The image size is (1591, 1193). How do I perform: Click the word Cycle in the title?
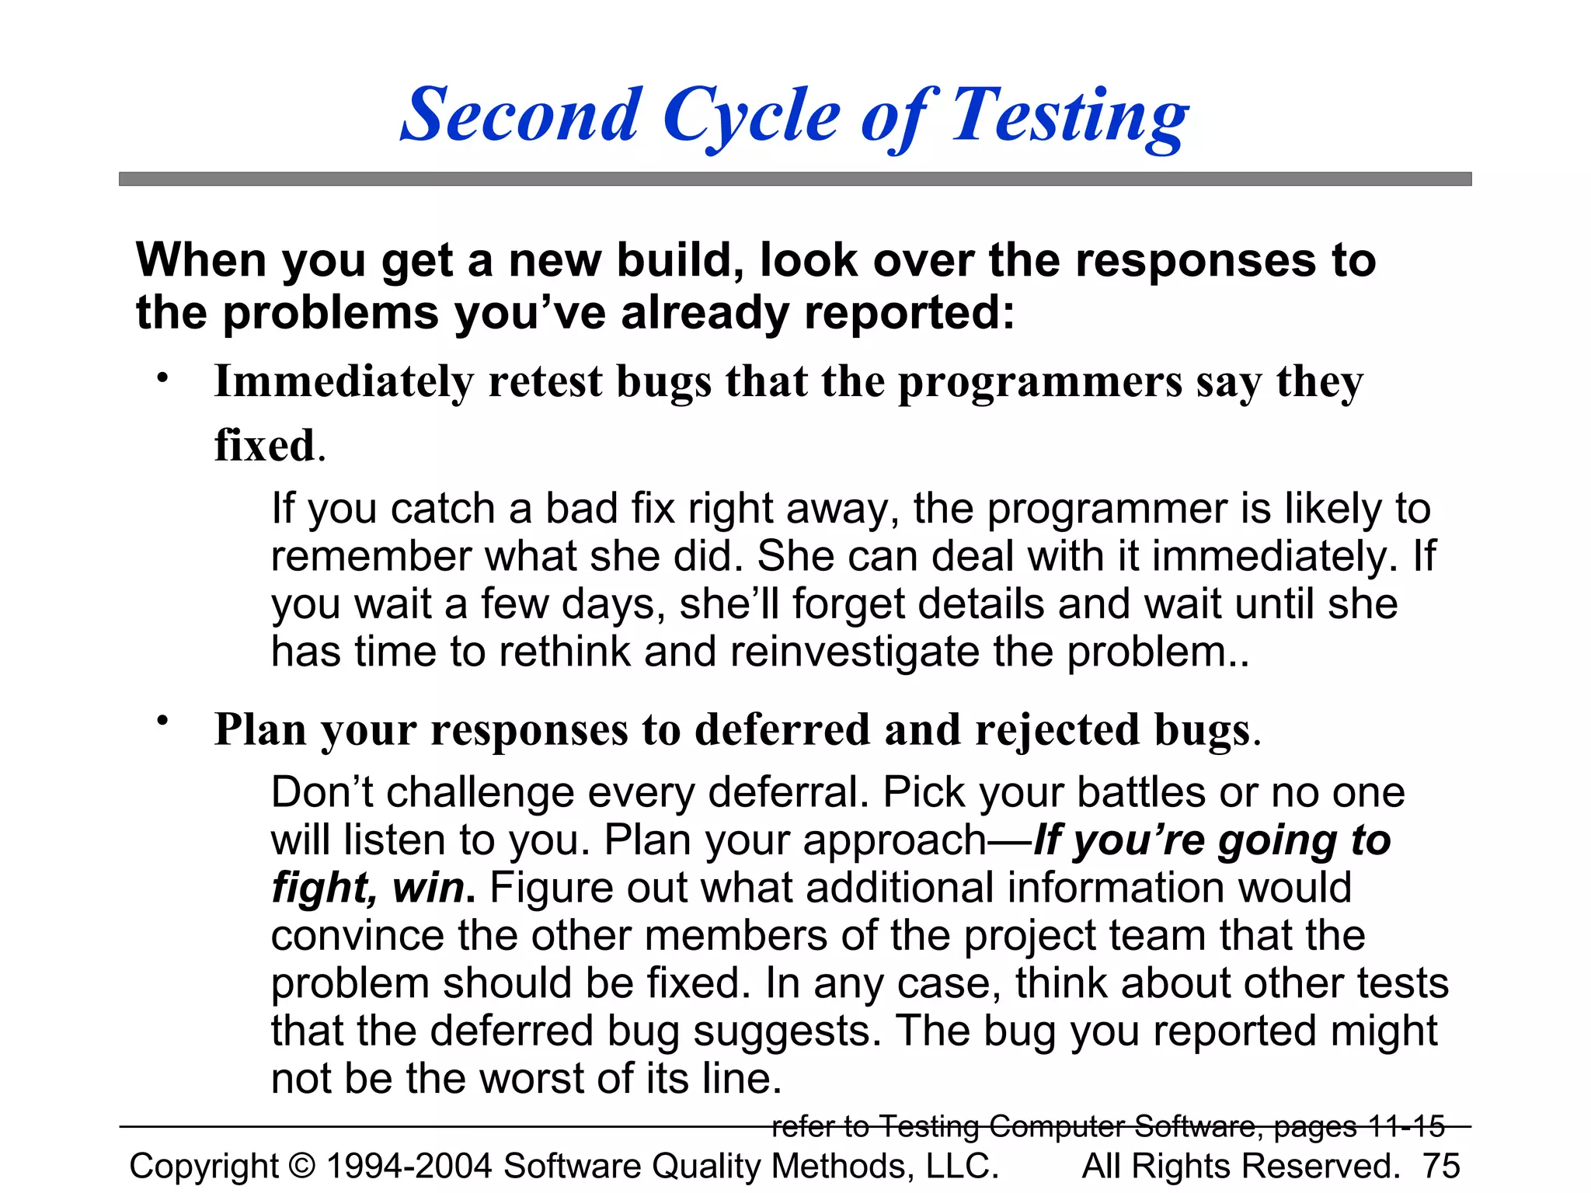tap(750, 117)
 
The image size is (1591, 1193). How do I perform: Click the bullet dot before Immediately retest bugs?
tap(162, 378)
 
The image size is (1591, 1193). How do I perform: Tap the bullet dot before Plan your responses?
tap(162, 722)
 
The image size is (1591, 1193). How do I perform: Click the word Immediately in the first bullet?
tap(343, 382)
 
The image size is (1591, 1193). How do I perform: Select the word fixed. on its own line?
tap(269, 446)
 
